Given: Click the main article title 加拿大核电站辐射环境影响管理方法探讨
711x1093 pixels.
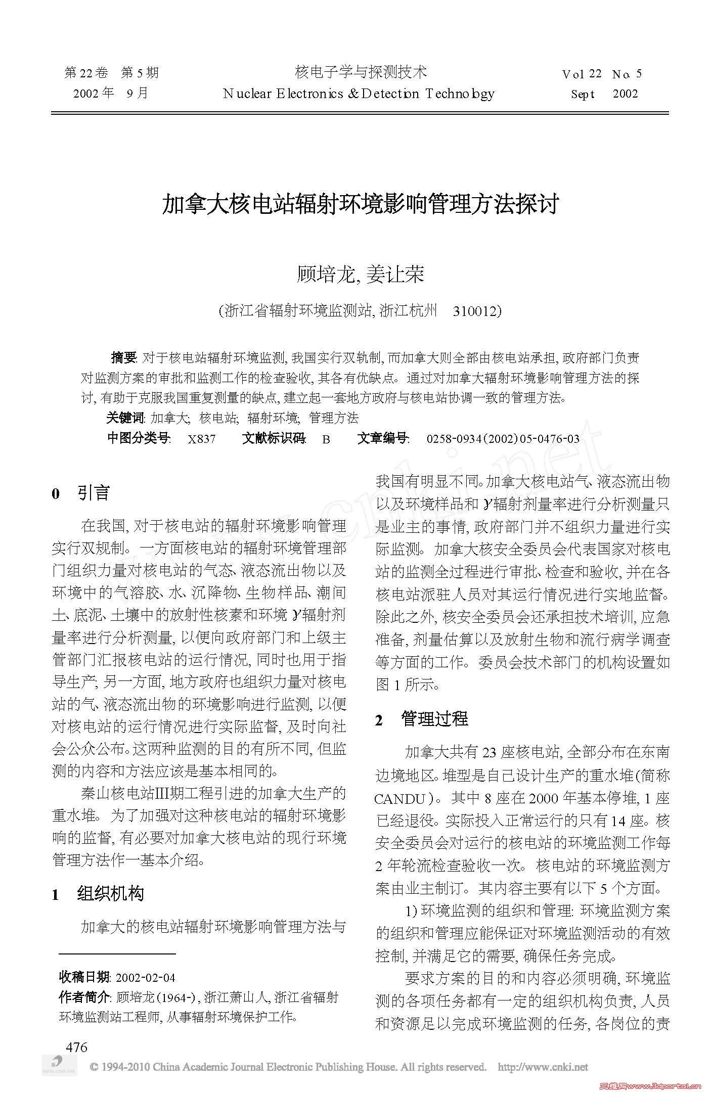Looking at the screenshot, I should tap(360, 204).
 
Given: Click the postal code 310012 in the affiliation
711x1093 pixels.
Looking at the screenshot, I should tap(475, 311).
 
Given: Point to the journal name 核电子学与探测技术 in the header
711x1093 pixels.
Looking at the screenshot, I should tap(361, 72).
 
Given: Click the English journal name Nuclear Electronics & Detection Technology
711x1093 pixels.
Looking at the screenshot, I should tap(358, 94).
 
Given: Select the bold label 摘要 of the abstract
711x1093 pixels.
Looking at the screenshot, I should tap(123, 358).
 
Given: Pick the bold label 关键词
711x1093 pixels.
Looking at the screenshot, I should tap(125, 418).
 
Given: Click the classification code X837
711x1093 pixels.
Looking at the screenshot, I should tap(202, 439).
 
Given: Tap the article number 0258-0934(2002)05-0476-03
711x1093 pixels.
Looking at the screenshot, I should tap(503, 439).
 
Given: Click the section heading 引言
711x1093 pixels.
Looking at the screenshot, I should tap(93, 493).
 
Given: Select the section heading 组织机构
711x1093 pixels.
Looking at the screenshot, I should tap(111, 894).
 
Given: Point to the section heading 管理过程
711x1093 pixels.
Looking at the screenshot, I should tap(434, 718).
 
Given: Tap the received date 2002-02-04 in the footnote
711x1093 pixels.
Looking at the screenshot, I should tap(146, 977).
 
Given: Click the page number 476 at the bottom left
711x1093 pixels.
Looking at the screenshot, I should tap(77, 1047).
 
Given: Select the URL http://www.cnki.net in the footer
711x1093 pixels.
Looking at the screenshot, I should tap(543, 1067).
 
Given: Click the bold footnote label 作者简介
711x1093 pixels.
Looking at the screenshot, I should tap(84, 997).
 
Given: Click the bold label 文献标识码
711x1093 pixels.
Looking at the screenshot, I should tap(274, 439).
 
